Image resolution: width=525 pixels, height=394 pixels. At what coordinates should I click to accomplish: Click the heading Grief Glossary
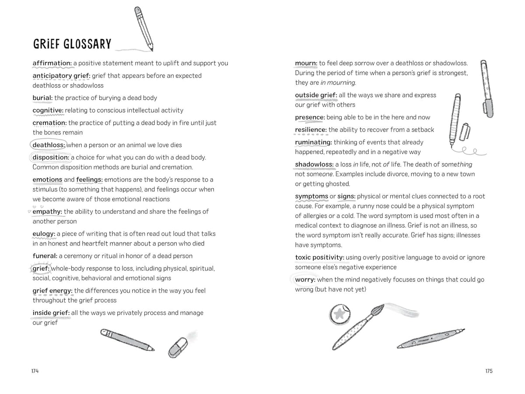[x=72, y=44]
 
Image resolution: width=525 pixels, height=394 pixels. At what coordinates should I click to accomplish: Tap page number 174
[x=35, y=371]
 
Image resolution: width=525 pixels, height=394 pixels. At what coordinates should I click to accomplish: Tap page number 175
[x=489, y=371]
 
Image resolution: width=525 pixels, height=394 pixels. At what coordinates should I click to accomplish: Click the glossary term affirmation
[x=52, y=63]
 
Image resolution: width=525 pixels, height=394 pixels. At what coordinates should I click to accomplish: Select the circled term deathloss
[x=49, y=145]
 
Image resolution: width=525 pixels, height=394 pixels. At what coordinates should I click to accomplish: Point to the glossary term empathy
[x=47, y=212]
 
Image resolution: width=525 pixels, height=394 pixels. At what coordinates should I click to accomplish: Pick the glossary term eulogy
[x=44, y=234]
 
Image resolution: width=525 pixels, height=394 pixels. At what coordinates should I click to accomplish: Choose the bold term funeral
[x=45, y=256]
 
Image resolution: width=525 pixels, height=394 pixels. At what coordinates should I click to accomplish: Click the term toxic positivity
[x=320, y=257]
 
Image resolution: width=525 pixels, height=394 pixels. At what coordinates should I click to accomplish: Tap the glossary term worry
[x=305, y=280]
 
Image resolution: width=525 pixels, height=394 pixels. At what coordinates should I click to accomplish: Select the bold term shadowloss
[x=314, y=165]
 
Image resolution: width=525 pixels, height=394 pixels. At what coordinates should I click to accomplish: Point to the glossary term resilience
[x=311, y=130]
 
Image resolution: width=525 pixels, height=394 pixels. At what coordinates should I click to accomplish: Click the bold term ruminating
[x=313, y=142]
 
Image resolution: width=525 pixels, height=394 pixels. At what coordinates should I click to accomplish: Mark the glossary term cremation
[x=49, y=123]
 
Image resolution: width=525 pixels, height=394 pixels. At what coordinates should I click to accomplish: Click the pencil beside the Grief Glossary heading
[x=144, y=28]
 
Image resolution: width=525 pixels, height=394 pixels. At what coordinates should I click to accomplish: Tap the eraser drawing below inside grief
[x=178, y=346]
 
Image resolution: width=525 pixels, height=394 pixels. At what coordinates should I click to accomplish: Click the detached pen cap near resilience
[x=466, y=131]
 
